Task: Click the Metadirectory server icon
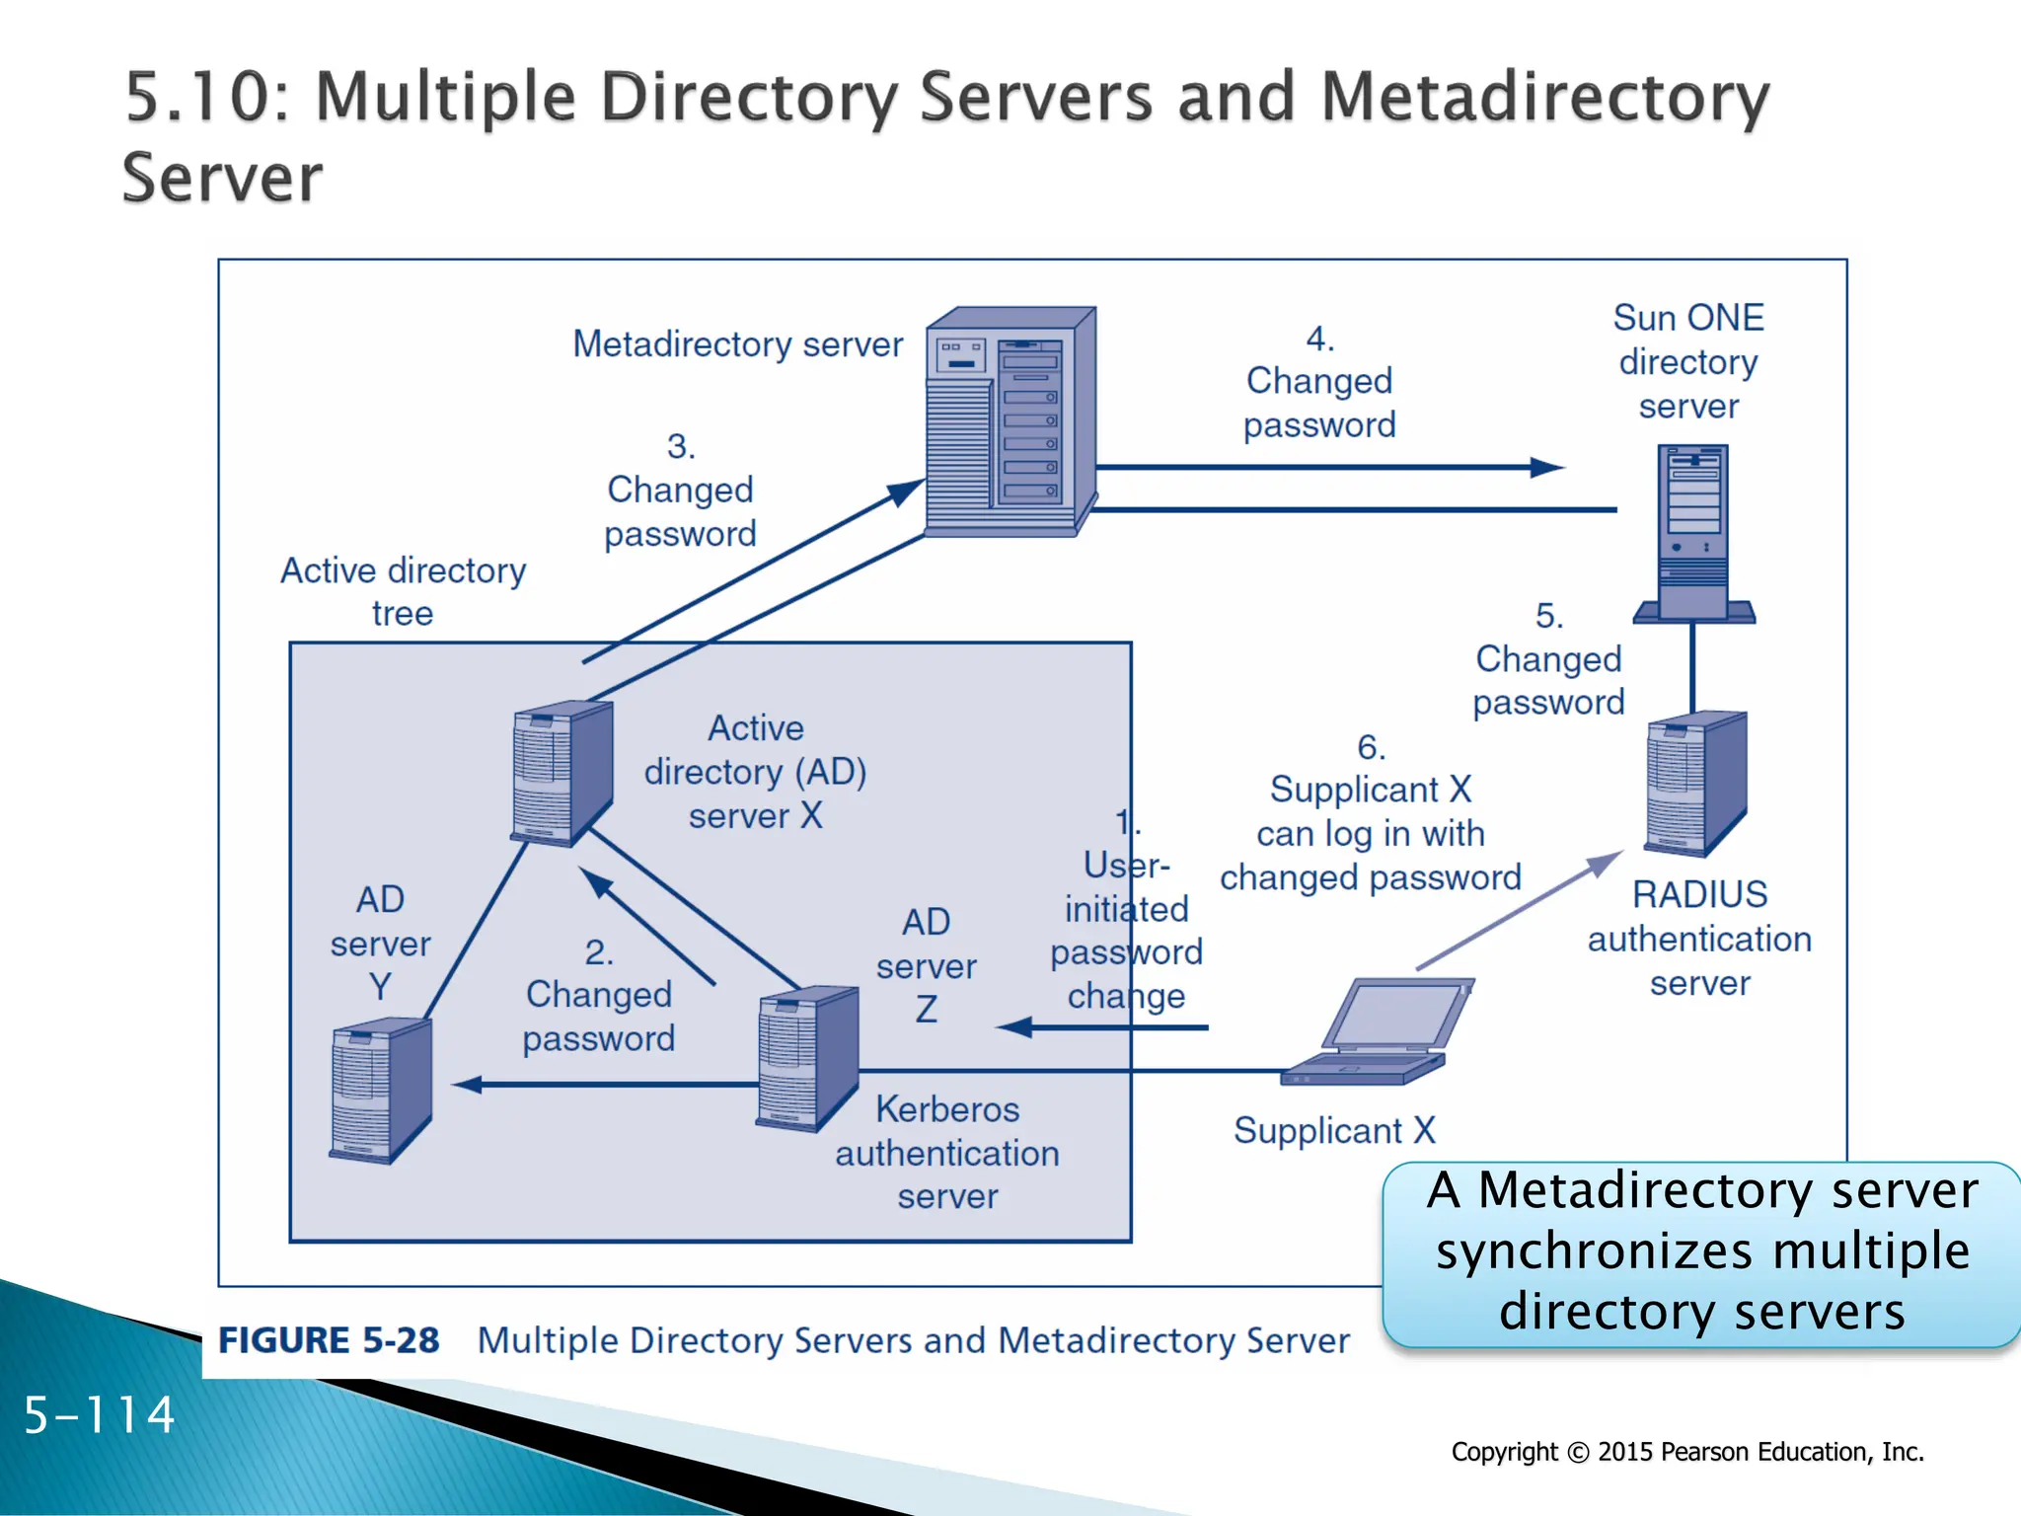(x=1010, y=421)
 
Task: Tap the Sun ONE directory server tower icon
(x=1693, y=533)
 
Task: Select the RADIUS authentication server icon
(x=1695, y=783)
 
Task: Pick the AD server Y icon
(x=380, y=1091)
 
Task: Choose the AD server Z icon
(x=806, y=1058)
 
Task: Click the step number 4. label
(x=1319, y=340)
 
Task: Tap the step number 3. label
(x=681, y=447)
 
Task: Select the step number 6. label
(x=1371, y=747)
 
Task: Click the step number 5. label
(x=1548, y=616)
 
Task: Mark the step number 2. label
(x=599, y=952)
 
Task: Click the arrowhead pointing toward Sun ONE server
(x=1547, y=468)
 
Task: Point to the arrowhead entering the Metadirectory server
(x=906, y=491)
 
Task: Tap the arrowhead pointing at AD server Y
(x=466, y=1085)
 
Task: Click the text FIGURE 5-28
(x=329, y=1340)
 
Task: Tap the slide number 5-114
(x=99, y=1415)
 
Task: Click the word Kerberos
(x=947, y=1109)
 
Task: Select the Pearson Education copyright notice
(x=1687, y=1452)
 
